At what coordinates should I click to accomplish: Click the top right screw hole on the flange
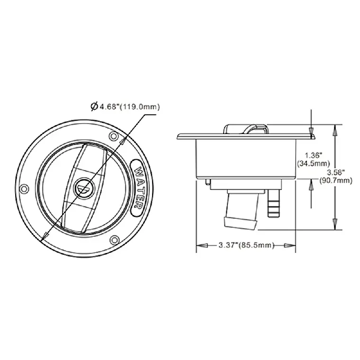[x=113, y=136]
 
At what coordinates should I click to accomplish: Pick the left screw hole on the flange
[x=23, y=189]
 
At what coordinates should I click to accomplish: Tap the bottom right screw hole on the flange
[x=114, y=240]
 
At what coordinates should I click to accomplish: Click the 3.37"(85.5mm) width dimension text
[x=246, y=245]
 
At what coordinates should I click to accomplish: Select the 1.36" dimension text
[x=314, y=155]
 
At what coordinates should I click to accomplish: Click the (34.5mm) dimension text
[x=314, y=163]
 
